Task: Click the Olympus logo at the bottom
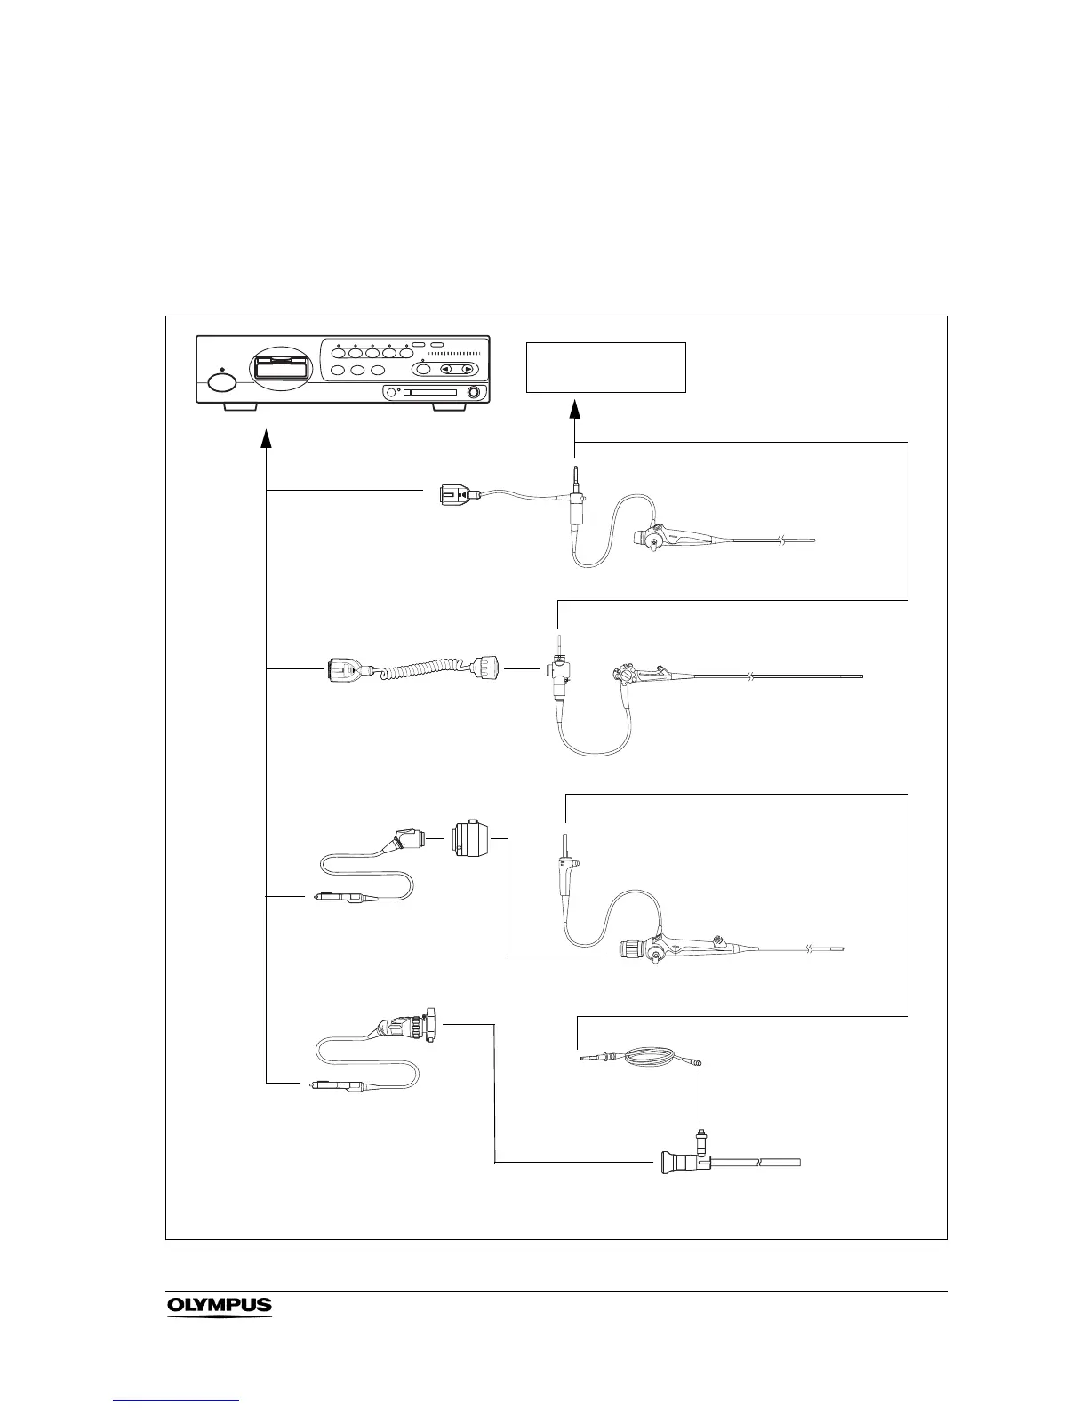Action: tap(219, 1306)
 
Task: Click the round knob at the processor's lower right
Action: tap(474, 393)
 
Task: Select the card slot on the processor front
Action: tap(430, 392)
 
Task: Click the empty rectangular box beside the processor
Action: tap(606, 367)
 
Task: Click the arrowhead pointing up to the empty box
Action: tap(575, 410)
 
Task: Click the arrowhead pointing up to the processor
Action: tap(267, 439)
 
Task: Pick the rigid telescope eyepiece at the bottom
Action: tap(678, 1162)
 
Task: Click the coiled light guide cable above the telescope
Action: tap(640, 1058)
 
